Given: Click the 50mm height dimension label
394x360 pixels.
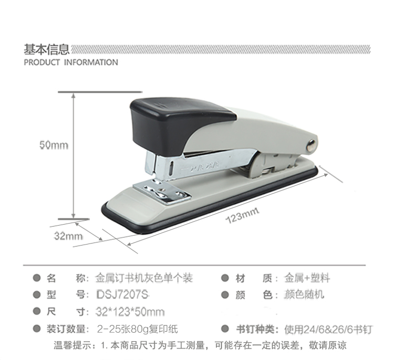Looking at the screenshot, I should [x=54, y=145].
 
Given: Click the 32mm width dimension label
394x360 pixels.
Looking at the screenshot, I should [x=68, y=236].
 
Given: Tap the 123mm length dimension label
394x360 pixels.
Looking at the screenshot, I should [x=243, y=216].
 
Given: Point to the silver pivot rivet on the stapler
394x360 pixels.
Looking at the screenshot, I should [x=312, y=144].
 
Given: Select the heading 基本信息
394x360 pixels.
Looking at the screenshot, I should [x=46, y=50].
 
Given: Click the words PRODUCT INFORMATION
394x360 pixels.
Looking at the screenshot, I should [x=71, y=62].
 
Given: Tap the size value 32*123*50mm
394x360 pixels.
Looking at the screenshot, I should [x=130, y=312].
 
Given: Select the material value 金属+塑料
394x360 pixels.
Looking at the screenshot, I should [x=307, y=278].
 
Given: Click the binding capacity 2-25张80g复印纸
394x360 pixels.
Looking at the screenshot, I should [x=137, y=330].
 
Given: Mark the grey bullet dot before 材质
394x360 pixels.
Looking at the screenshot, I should [x=225, y=278].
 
